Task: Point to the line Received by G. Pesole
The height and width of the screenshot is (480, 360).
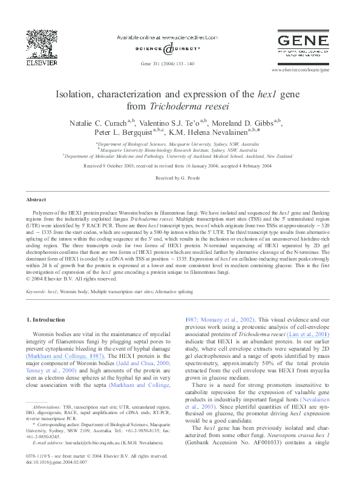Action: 179,178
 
